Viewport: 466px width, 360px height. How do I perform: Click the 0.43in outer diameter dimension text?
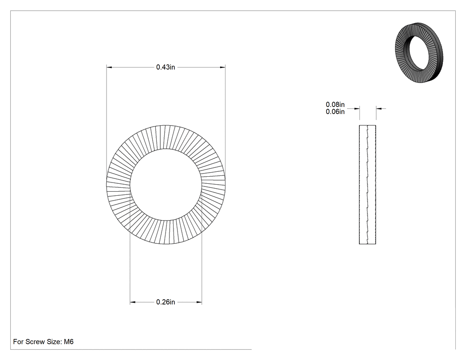click(x=166, y=67)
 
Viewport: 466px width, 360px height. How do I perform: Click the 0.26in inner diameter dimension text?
click(x=166, y=302)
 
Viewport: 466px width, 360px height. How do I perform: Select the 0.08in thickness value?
click(x=335, y=104)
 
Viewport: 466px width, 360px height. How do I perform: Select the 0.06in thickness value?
click(x=335, y=111)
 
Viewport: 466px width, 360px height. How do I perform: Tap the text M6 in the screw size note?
click(x=69, y=341)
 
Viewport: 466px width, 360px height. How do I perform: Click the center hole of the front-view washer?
click(x=166, y=184)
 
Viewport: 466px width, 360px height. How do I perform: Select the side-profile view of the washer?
click(x=367, y=185)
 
